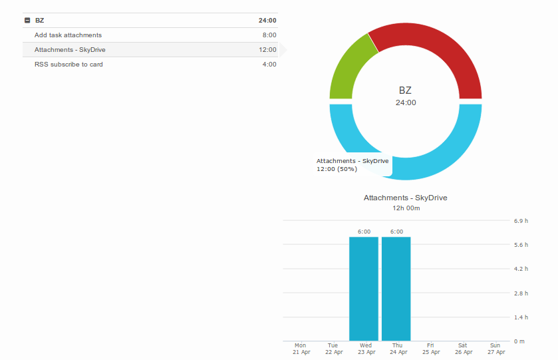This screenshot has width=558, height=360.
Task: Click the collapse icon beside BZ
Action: coord(27,21)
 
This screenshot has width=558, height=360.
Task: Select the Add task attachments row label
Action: coord(68,35)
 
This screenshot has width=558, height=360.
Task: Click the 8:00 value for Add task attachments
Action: coord(269,35)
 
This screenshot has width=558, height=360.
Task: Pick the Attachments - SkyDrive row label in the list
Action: coord(70,50)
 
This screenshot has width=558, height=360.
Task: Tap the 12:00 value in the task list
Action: coord(268,50)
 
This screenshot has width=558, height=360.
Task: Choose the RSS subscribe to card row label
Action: coord(69,65)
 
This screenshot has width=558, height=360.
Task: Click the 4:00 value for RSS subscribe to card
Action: coord(269,65)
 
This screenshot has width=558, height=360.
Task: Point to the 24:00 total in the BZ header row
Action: coord(268,21)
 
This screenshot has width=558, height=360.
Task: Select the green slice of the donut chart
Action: coord(349,67)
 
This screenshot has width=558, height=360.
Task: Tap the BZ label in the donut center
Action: coord(405,90)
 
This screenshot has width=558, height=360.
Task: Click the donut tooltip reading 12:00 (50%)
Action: coord(352,165)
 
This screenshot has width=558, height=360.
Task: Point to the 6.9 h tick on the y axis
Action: coord(521,220)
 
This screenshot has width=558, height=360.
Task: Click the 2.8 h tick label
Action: coord(521,293)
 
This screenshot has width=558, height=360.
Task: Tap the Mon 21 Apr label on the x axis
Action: coord(301,349)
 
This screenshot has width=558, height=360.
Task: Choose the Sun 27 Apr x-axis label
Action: coord(495,349)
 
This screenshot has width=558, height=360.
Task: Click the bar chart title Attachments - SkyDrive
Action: coord(406,198)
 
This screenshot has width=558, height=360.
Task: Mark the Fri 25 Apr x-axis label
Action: coord(431,349)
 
